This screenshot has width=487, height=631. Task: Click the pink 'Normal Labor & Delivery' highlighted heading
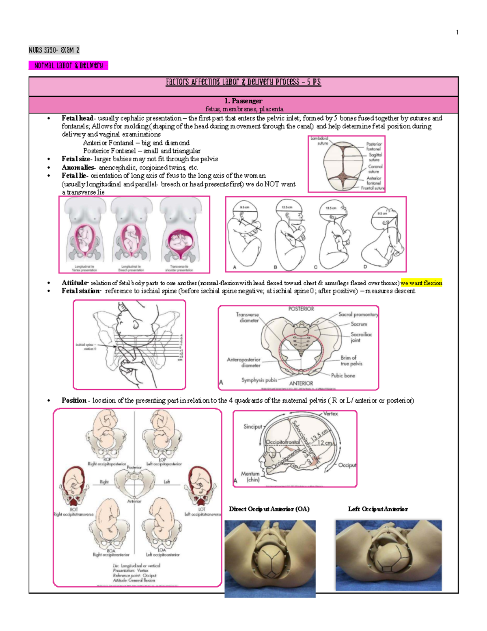coord(68,65)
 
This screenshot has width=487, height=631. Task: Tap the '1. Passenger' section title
coord(243,101)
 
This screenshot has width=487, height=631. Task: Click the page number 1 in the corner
coord(457,33)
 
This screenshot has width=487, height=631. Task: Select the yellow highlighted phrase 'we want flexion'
coord(421,283)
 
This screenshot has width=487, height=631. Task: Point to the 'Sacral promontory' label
coord(358,314)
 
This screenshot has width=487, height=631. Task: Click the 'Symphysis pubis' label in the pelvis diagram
coord(259,380)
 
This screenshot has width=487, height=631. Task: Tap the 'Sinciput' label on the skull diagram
coord(252,427)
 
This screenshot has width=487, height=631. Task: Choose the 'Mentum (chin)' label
coord(250,477)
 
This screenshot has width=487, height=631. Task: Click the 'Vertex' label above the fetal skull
coord(330,414)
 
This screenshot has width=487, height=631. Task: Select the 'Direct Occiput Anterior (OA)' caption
coord(269,509)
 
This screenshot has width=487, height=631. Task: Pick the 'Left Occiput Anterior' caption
coord(378,509)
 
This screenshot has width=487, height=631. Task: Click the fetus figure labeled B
coord(289,234)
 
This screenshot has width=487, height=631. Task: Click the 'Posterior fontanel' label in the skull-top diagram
coord(374,146)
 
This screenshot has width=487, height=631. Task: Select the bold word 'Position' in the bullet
coord(74,400)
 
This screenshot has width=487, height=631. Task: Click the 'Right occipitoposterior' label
coord(107,464)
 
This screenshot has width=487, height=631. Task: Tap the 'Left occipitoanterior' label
coord(163,555)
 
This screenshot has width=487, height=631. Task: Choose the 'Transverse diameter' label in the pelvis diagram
coord(247,317)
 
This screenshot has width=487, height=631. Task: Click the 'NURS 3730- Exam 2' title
coord(54,50)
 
